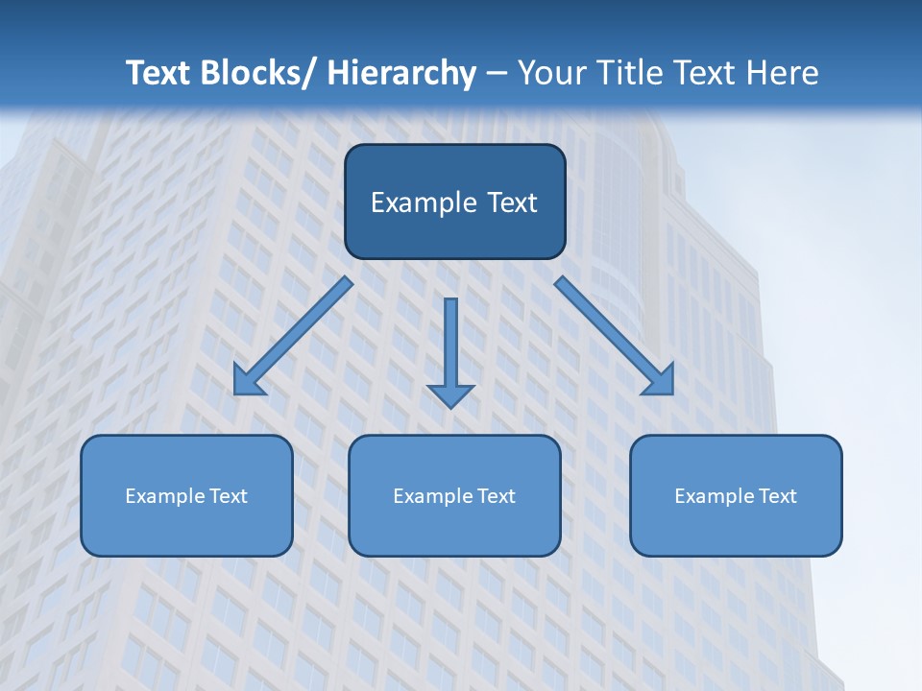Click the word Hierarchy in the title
[x=401, y=73]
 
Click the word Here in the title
[x=784, y=73]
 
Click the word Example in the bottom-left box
[x=165, y=496]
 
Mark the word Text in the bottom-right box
[x=778, y=496]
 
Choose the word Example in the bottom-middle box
[x=433, y=496]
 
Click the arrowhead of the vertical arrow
[x=450, y=394]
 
